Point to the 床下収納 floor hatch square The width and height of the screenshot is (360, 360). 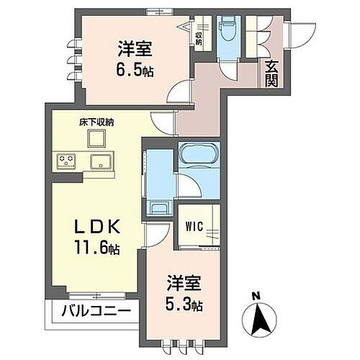[99, 139]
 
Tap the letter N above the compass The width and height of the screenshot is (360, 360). [256, 295]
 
